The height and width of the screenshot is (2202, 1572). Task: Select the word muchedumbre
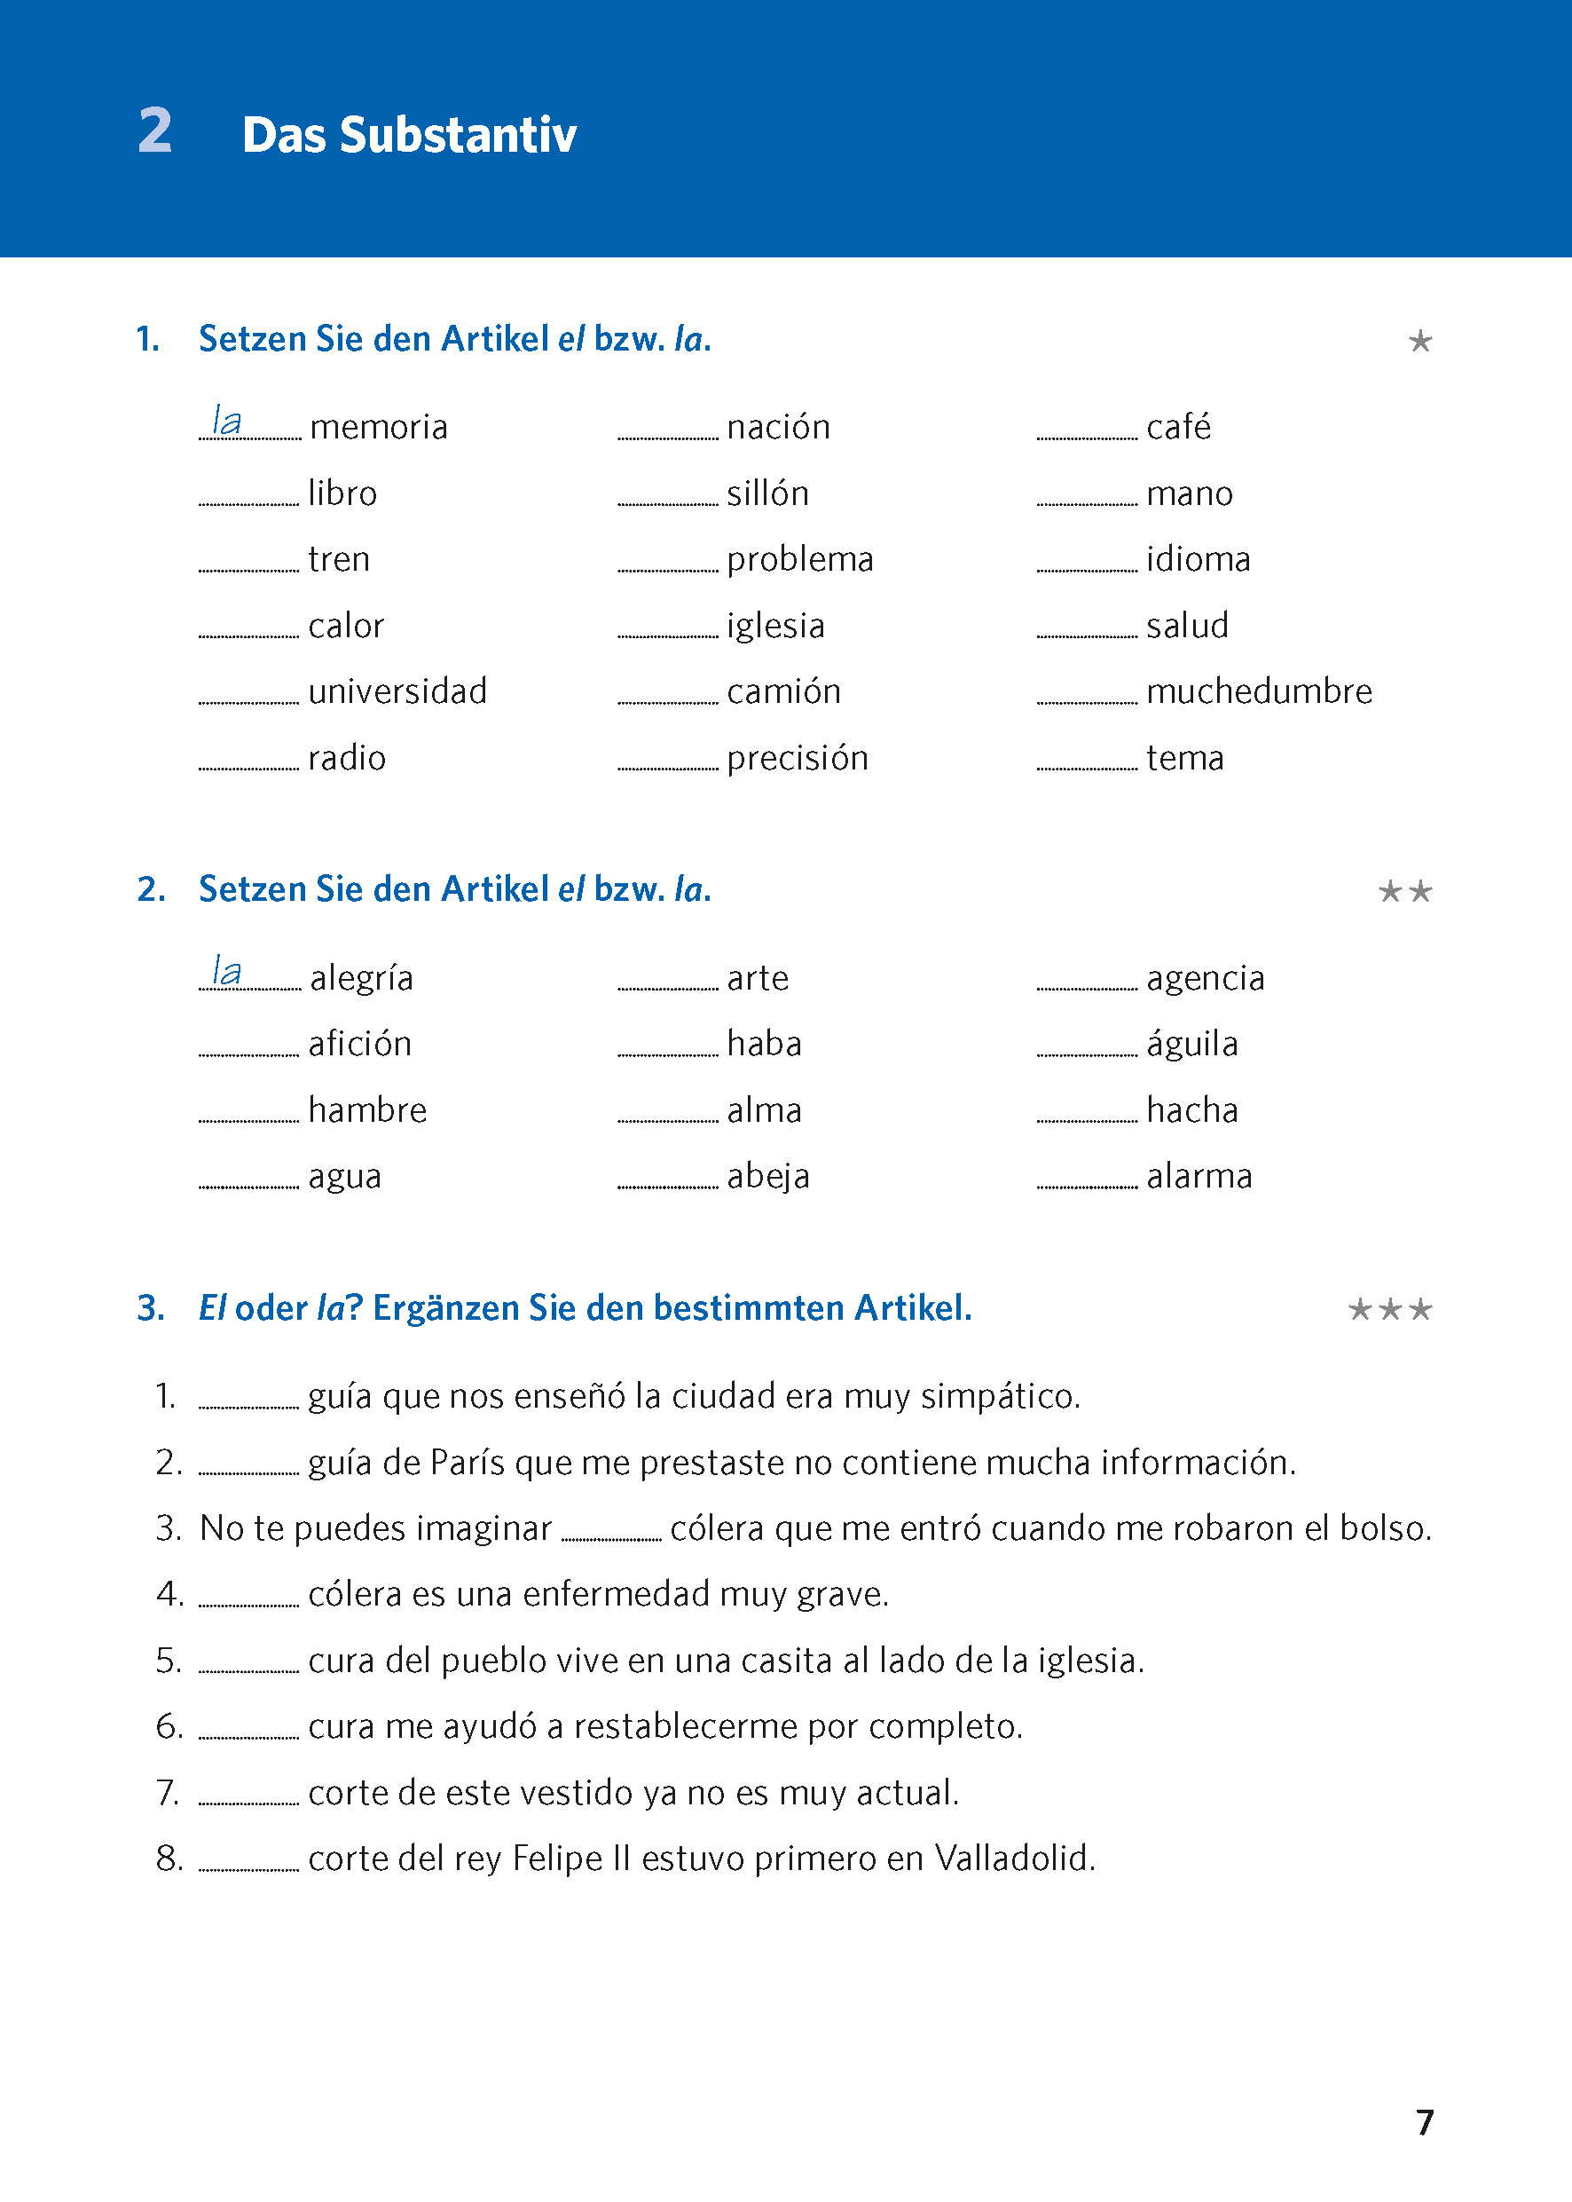click(x=1258, y=691)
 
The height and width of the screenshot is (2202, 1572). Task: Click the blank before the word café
click(x=1086, y=434)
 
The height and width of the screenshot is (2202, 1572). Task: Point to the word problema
click(x=799, y=560)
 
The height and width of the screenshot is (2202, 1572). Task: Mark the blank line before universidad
click(x=248, y=698)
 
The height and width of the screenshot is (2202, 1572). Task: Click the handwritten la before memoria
click(x=226, y=422)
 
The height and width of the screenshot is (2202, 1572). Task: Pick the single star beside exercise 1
click(x=1420, y=341)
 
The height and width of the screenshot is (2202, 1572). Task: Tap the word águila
click(x=1191, y=1044)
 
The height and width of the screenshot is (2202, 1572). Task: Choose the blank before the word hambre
click(x=248, y=1116)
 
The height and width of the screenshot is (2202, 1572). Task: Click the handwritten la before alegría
click(x=226, y=971)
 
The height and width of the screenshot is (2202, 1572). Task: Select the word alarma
click(x=1199, y=1177)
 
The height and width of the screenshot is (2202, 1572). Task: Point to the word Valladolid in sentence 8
click(x=1015, y=1859)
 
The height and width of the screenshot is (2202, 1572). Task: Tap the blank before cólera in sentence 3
click(x=611, y=1534)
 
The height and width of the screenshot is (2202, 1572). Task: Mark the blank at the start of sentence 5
click(x=248, y=1667)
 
